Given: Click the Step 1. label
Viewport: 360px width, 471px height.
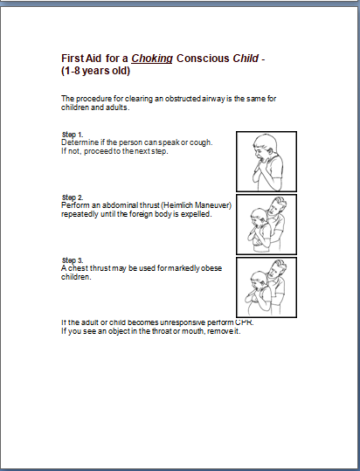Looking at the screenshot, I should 73,135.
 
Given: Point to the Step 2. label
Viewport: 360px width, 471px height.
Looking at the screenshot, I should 73,197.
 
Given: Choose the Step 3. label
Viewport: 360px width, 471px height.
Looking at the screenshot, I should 73,260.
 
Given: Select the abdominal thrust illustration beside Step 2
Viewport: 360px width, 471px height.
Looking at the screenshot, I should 267,223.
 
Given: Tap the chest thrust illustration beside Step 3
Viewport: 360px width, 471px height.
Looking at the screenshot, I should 267,287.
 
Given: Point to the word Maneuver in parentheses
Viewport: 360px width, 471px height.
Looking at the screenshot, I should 210,205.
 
